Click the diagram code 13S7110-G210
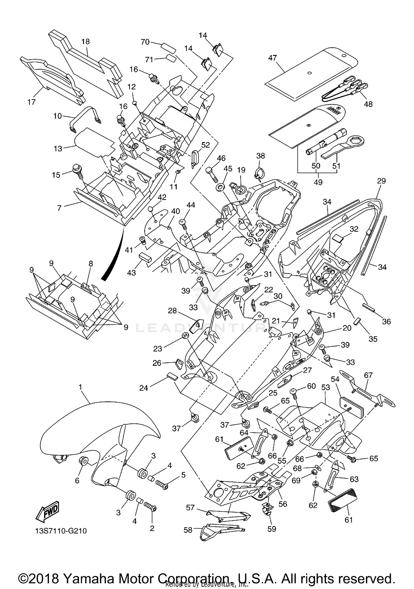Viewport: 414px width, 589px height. [61, 531]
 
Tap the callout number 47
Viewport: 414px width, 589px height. [272, 58]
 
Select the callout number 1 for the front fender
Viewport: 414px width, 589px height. [80, 387]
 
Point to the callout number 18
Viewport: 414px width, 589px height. [86, 42]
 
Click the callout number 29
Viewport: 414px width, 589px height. [381, 181]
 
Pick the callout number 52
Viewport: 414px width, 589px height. [206, 145]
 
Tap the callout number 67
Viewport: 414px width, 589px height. [368, 375]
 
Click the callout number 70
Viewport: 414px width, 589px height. [145, 42]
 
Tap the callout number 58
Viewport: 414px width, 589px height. [188, 530]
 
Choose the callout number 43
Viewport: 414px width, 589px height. [131, 272]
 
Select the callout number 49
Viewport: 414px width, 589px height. [318, 182]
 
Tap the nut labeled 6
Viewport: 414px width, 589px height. [84, 461]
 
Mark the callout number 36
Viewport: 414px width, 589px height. [386, 321]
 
